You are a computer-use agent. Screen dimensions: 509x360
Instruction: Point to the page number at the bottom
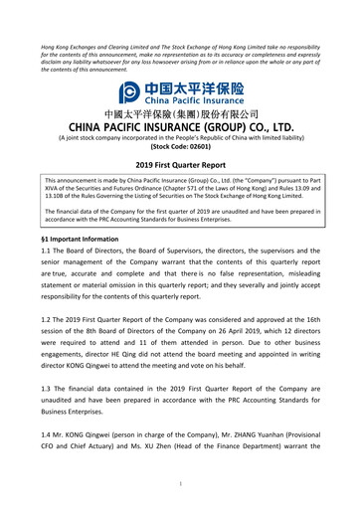180,484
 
